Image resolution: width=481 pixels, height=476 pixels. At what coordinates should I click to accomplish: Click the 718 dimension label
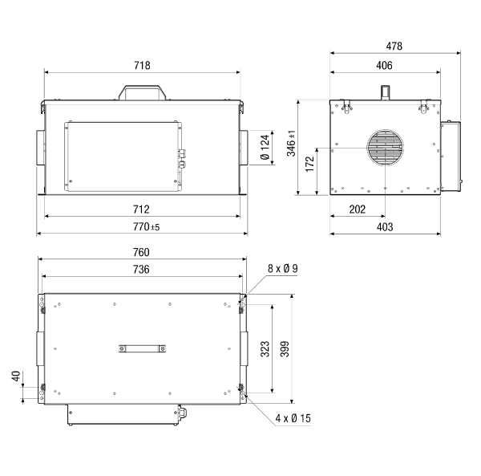(x=142, y=65)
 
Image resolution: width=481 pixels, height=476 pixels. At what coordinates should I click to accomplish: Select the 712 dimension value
(x=141, y=210)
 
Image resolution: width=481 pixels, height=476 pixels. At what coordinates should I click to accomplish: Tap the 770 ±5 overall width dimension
(x=146, y=227)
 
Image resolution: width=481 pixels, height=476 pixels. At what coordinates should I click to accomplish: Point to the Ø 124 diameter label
(x=265, y=147)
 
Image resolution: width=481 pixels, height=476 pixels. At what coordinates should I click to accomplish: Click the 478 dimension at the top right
(x=394, y=46)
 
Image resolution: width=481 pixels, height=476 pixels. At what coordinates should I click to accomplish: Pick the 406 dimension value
(x=384, y=65)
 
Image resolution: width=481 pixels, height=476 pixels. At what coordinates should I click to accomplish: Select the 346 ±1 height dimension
(x=291, y=143)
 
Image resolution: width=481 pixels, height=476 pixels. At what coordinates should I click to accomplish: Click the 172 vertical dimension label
(x=310, y=164)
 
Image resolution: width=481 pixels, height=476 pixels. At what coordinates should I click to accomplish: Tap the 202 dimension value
(x=358, y=210)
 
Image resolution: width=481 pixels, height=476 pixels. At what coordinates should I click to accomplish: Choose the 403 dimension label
(x=385, y=227)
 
